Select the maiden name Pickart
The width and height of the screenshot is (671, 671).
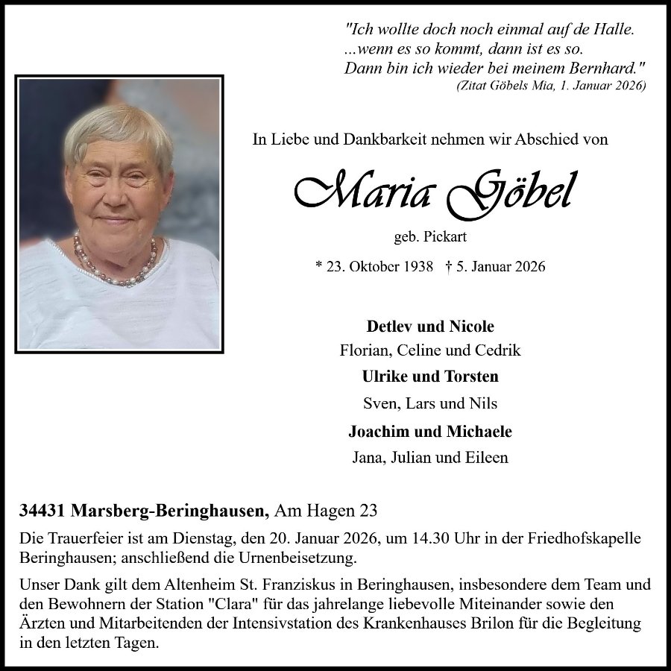[447, 238]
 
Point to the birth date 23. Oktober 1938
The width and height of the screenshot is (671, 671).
[379, 266]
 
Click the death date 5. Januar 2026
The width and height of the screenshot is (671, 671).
[500, 266]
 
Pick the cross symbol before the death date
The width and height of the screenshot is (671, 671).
[448, 266]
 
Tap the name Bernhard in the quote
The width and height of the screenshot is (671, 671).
[604, 68]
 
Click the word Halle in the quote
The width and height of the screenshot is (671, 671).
[614, 31]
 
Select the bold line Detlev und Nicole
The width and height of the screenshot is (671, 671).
[430, 327]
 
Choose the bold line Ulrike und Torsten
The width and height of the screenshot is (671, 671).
[430, 377]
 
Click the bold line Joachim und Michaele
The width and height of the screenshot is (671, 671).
[430, 432]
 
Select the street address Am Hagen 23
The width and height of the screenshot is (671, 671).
[326, 511]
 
